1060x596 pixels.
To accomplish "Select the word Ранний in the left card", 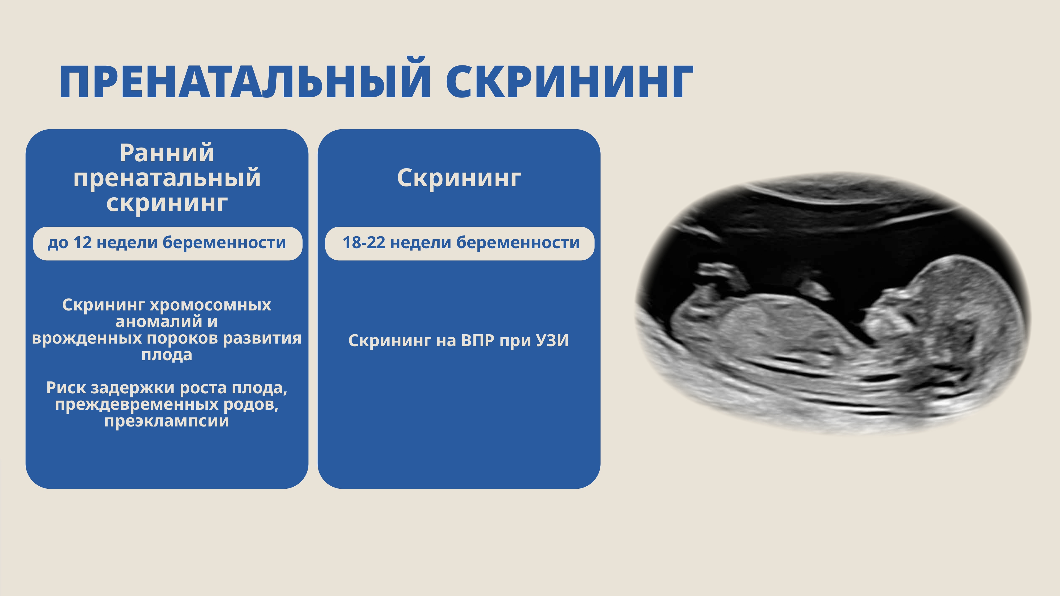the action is (167, 153).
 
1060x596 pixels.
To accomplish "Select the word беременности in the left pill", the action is (224, 243).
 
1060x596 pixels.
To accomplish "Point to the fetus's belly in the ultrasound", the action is (774, 325).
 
